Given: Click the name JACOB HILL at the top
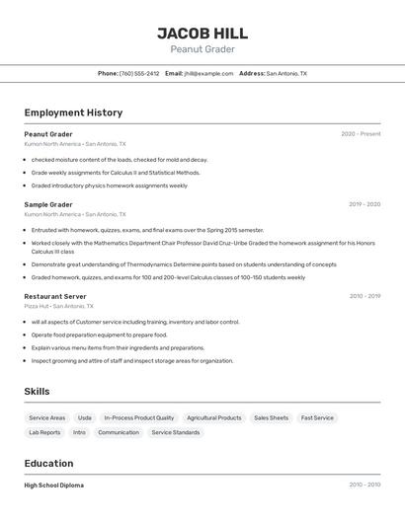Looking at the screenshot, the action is point(202,33).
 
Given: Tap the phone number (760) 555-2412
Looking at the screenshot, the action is point(138,73).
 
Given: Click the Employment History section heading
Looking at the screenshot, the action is point(73,112).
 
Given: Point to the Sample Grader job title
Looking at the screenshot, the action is point(48,204).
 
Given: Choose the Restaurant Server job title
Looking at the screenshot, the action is point(55,296).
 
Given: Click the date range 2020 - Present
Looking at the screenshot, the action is point(361,134).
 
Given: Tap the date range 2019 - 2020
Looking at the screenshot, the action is point(364,204).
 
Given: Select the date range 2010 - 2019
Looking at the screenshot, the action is point(364,296).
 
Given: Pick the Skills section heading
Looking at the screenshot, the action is point(37,392).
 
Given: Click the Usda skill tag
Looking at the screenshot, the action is point(85,418).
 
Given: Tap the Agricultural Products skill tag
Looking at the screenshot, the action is point(214,418).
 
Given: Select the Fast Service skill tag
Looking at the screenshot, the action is point(317,418).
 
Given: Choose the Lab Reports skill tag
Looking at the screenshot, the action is point(44,432).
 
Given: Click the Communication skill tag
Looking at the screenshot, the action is point(119,432).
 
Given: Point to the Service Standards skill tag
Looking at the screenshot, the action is point(176,432).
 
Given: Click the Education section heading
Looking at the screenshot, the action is point(48,464).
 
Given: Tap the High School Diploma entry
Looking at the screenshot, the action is point(54,486).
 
